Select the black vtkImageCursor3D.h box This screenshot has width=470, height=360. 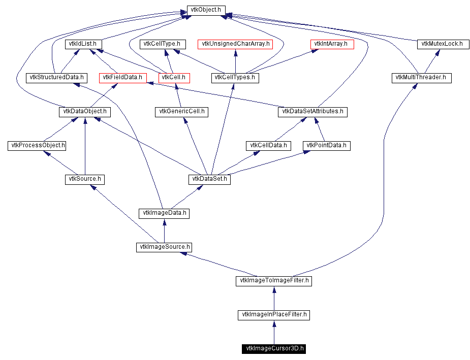point(274,348)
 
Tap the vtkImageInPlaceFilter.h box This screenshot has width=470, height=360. point(274,315)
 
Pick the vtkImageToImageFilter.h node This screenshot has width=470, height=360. point(274,281)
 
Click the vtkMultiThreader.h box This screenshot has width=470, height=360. point(421,78)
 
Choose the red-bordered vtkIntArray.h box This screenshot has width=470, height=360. point(332,44)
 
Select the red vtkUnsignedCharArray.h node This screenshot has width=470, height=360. point(235,44)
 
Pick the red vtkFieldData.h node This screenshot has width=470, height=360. point(122,78)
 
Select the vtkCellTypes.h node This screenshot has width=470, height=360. point(235,78)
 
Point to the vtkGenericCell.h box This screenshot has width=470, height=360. point(181,112)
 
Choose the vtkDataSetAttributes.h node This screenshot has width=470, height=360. point(312,112)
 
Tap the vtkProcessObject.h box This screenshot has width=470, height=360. point(38,146)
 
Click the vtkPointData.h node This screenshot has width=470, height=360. point(327,146)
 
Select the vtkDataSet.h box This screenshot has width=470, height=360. point(209,179)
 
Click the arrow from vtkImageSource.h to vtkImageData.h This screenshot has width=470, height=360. point(164,231)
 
